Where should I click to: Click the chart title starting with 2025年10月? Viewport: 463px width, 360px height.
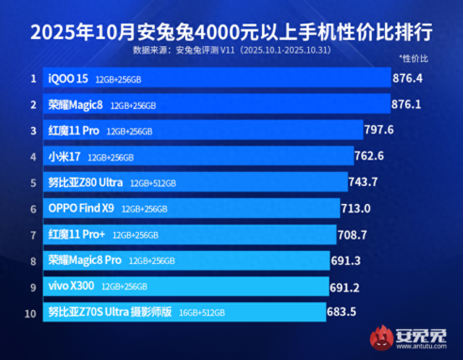tap(231, 33)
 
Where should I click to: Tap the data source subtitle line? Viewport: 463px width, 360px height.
tap(231, 51)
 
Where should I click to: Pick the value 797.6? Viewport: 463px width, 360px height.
tap(379, 130)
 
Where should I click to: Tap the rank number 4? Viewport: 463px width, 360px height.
tap(33, 156)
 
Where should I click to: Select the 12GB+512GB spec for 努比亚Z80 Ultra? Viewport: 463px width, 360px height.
tap(153, 183)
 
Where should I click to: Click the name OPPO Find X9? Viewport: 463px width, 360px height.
tap(81, 208)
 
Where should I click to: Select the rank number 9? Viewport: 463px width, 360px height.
tap(33, 286)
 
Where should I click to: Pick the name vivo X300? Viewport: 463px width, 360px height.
tap(72, 286)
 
